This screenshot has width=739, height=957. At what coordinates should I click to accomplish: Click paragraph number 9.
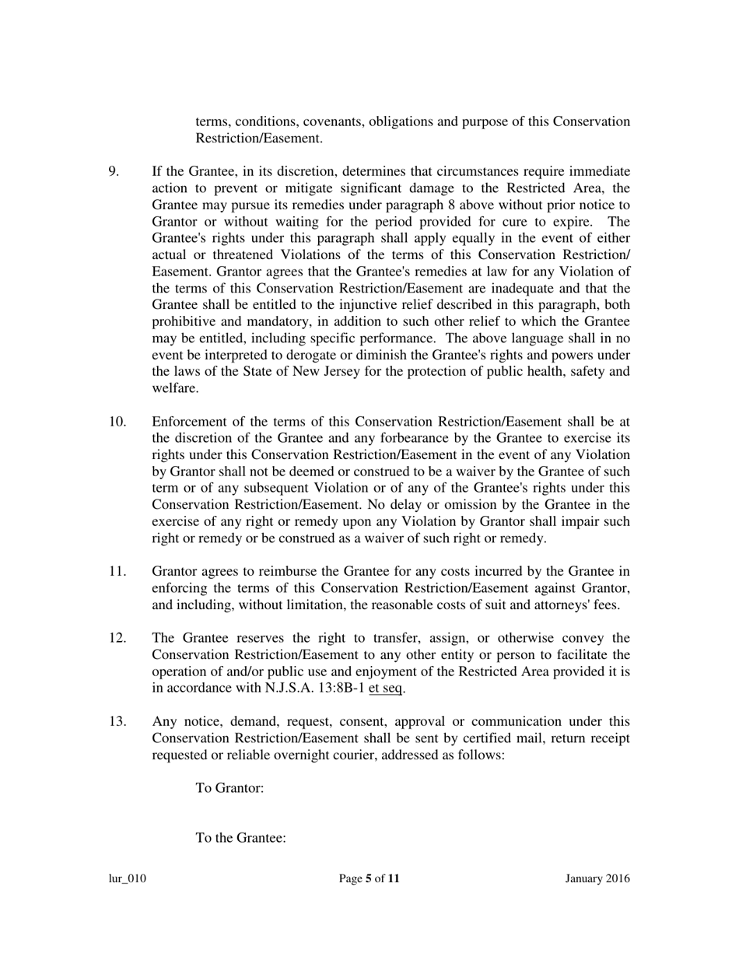(x=114, y=171)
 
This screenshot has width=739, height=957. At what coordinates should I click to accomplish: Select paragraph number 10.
(x=117, y=422)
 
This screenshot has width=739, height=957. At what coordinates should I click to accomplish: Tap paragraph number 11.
(x=117, y=572)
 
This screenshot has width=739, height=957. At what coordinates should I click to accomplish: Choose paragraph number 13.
(x=117, y=721)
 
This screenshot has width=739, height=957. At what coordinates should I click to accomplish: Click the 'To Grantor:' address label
(x=229, y=788)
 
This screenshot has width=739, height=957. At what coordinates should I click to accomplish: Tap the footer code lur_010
(x=128, y=879)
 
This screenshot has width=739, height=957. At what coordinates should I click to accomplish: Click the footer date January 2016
(x=597, y=879)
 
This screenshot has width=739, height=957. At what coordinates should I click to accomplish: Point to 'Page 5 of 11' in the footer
(x=369, y=879)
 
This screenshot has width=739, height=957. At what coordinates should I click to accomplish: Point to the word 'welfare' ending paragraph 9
(x=174, y=387)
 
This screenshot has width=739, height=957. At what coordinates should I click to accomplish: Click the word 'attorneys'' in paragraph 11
(x=559, y=605)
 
